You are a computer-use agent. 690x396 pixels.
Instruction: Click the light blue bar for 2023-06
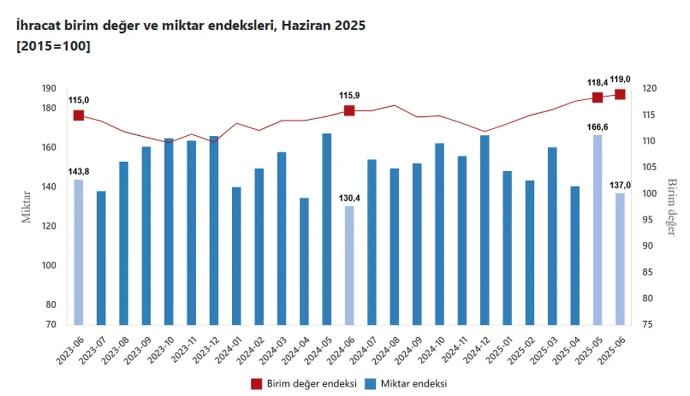click(x=79, y=252)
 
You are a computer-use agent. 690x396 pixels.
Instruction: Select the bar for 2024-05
click(x=327, y=229)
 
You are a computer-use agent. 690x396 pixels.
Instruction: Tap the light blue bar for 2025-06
click(x=620, y=259)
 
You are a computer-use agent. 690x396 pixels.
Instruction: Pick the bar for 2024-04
click(x=304, y=261)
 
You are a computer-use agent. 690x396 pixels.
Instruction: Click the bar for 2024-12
click(x=485, y=230)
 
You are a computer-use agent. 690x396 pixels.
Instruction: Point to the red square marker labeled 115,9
click(x=349, y=110)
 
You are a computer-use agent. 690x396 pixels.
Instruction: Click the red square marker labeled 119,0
click(x=620, y=94)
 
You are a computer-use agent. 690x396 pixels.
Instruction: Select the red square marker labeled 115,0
click(x=79, y=115)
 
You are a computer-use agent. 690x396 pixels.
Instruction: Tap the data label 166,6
click(x=597, y=127)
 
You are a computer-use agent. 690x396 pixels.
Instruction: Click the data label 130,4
click(x=349, y=198)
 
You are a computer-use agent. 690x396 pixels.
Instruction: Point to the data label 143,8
click(x=79, y=171)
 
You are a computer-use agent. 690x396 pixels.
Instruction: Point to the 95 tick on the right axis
click(x=646, y=220)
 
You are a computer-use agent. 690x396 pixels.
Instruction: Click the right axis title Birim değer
click(x=671, y=207)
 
